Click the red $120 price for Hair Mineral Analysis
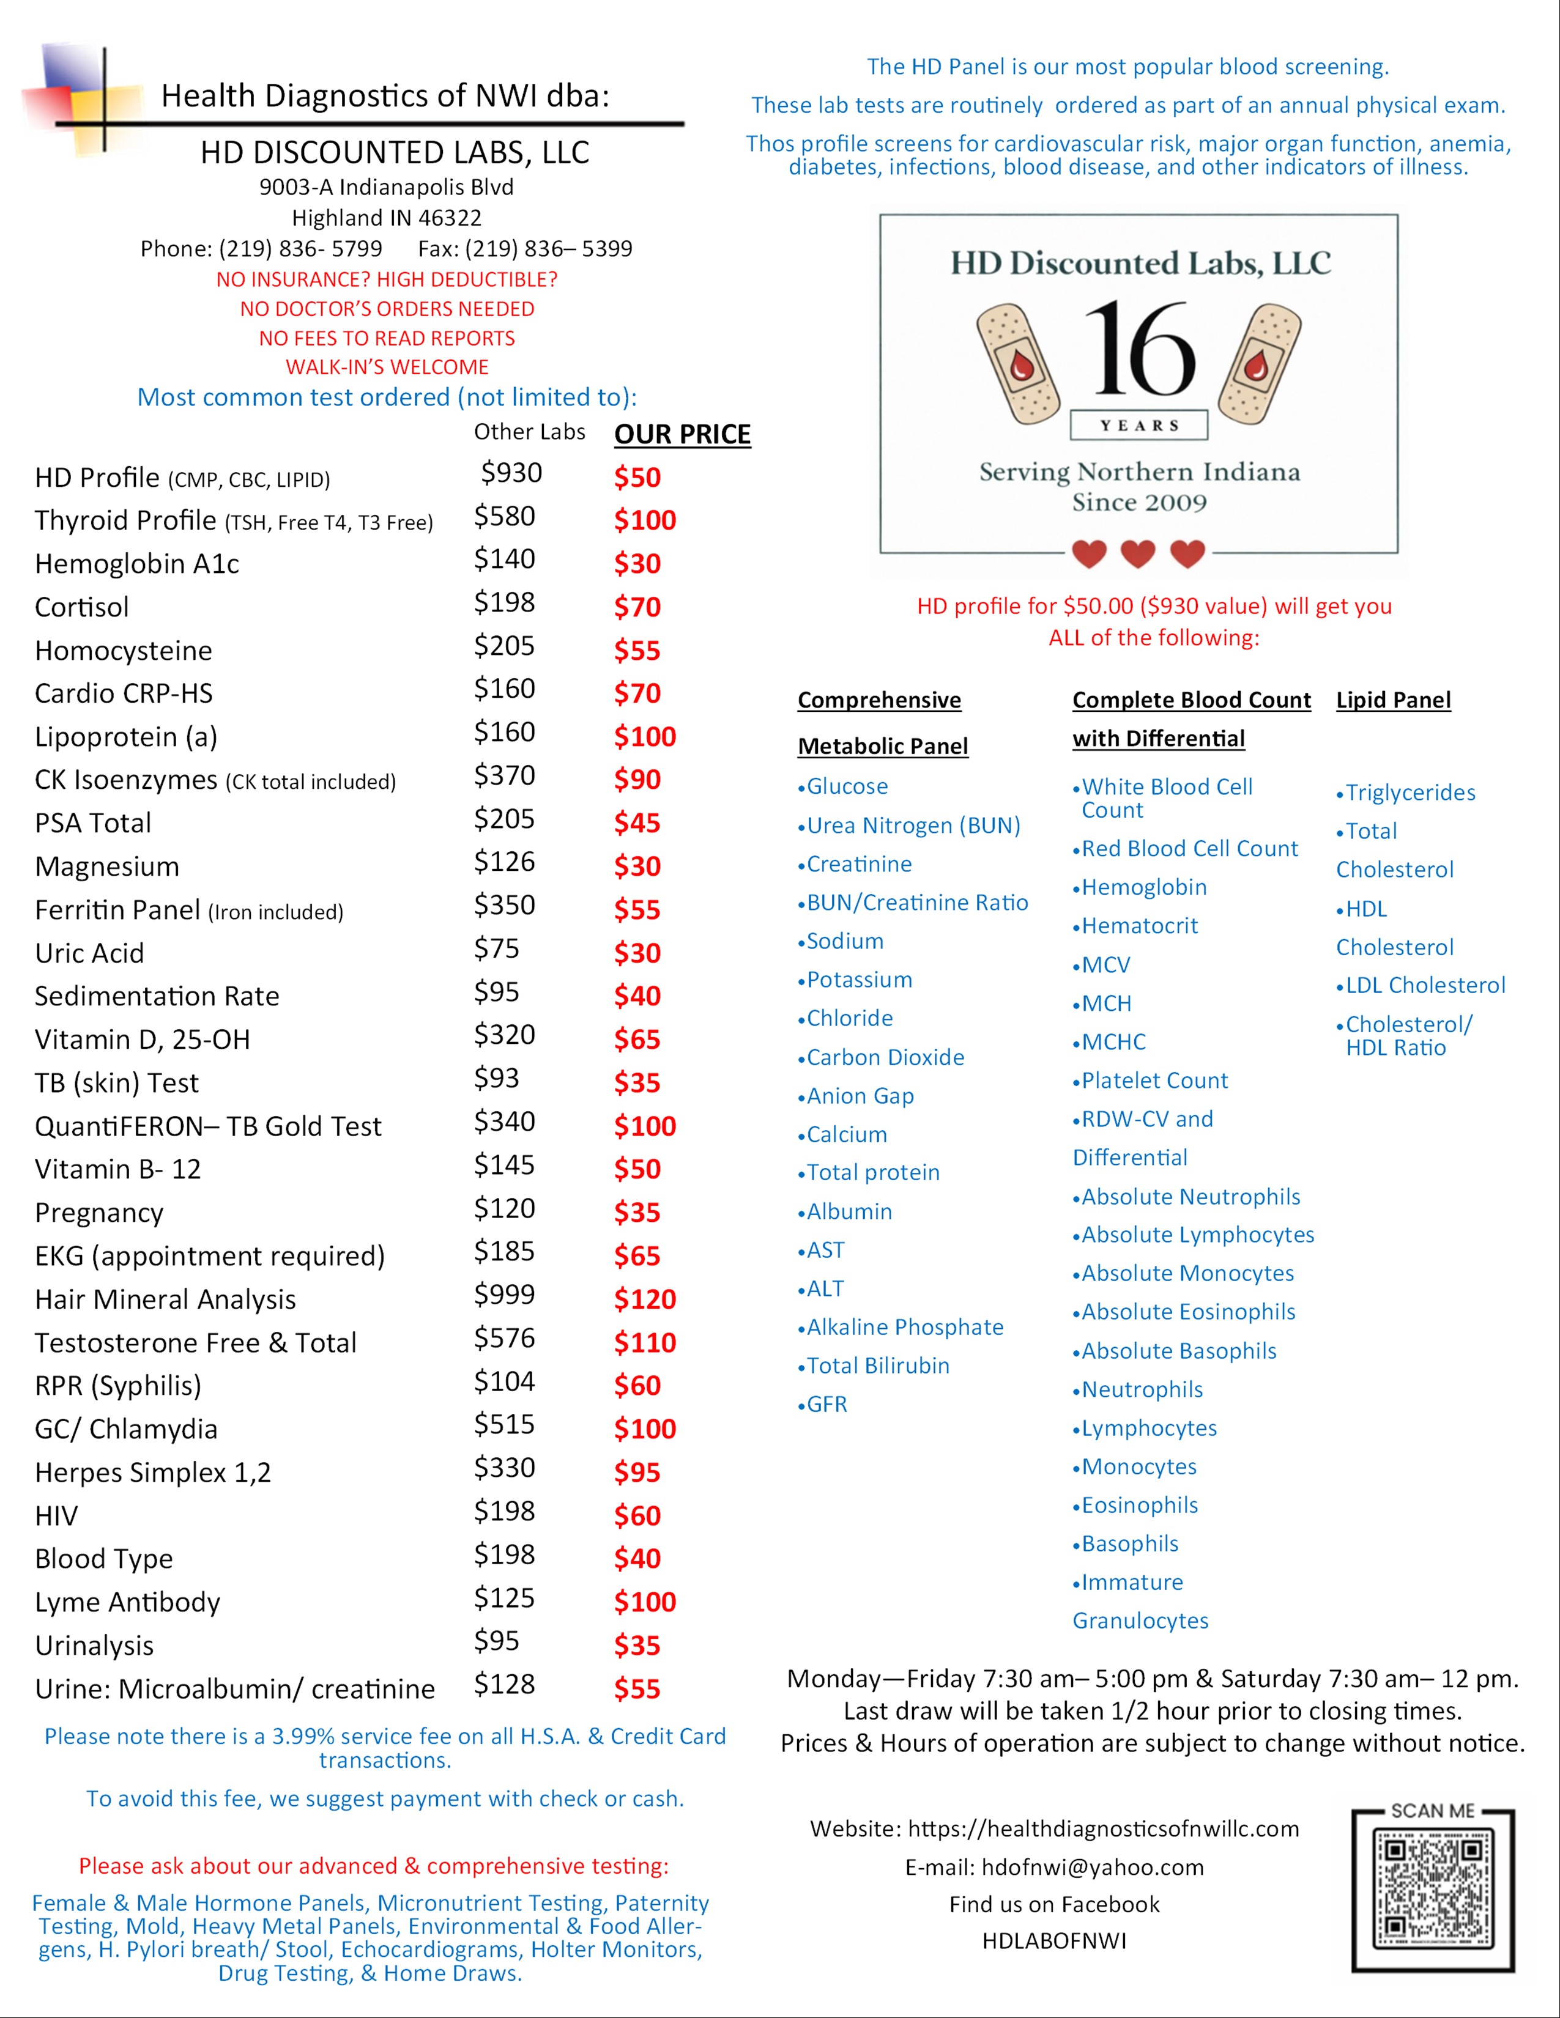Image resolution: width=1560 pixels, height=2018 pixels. click(645, 1299)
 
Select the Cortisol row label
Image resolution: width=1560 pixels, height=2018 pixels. click(82, 607)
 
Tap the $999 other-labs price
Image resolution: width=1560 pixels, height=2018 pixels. click(505, 1295)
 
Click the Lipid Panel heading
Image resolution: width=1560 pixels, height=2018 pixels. click(1393, 700)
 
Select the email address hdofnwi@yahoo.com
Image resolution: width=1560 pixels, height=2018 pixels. click(1093, 1868)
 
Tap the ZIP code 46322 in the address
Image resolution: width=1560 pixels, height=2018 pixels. click(450, 218)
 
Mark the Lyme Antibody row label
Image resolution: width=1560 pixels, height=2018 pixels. click(127, 1602)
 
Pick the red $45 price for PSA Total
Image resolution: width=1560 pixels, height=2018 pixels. click(637, 823)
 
